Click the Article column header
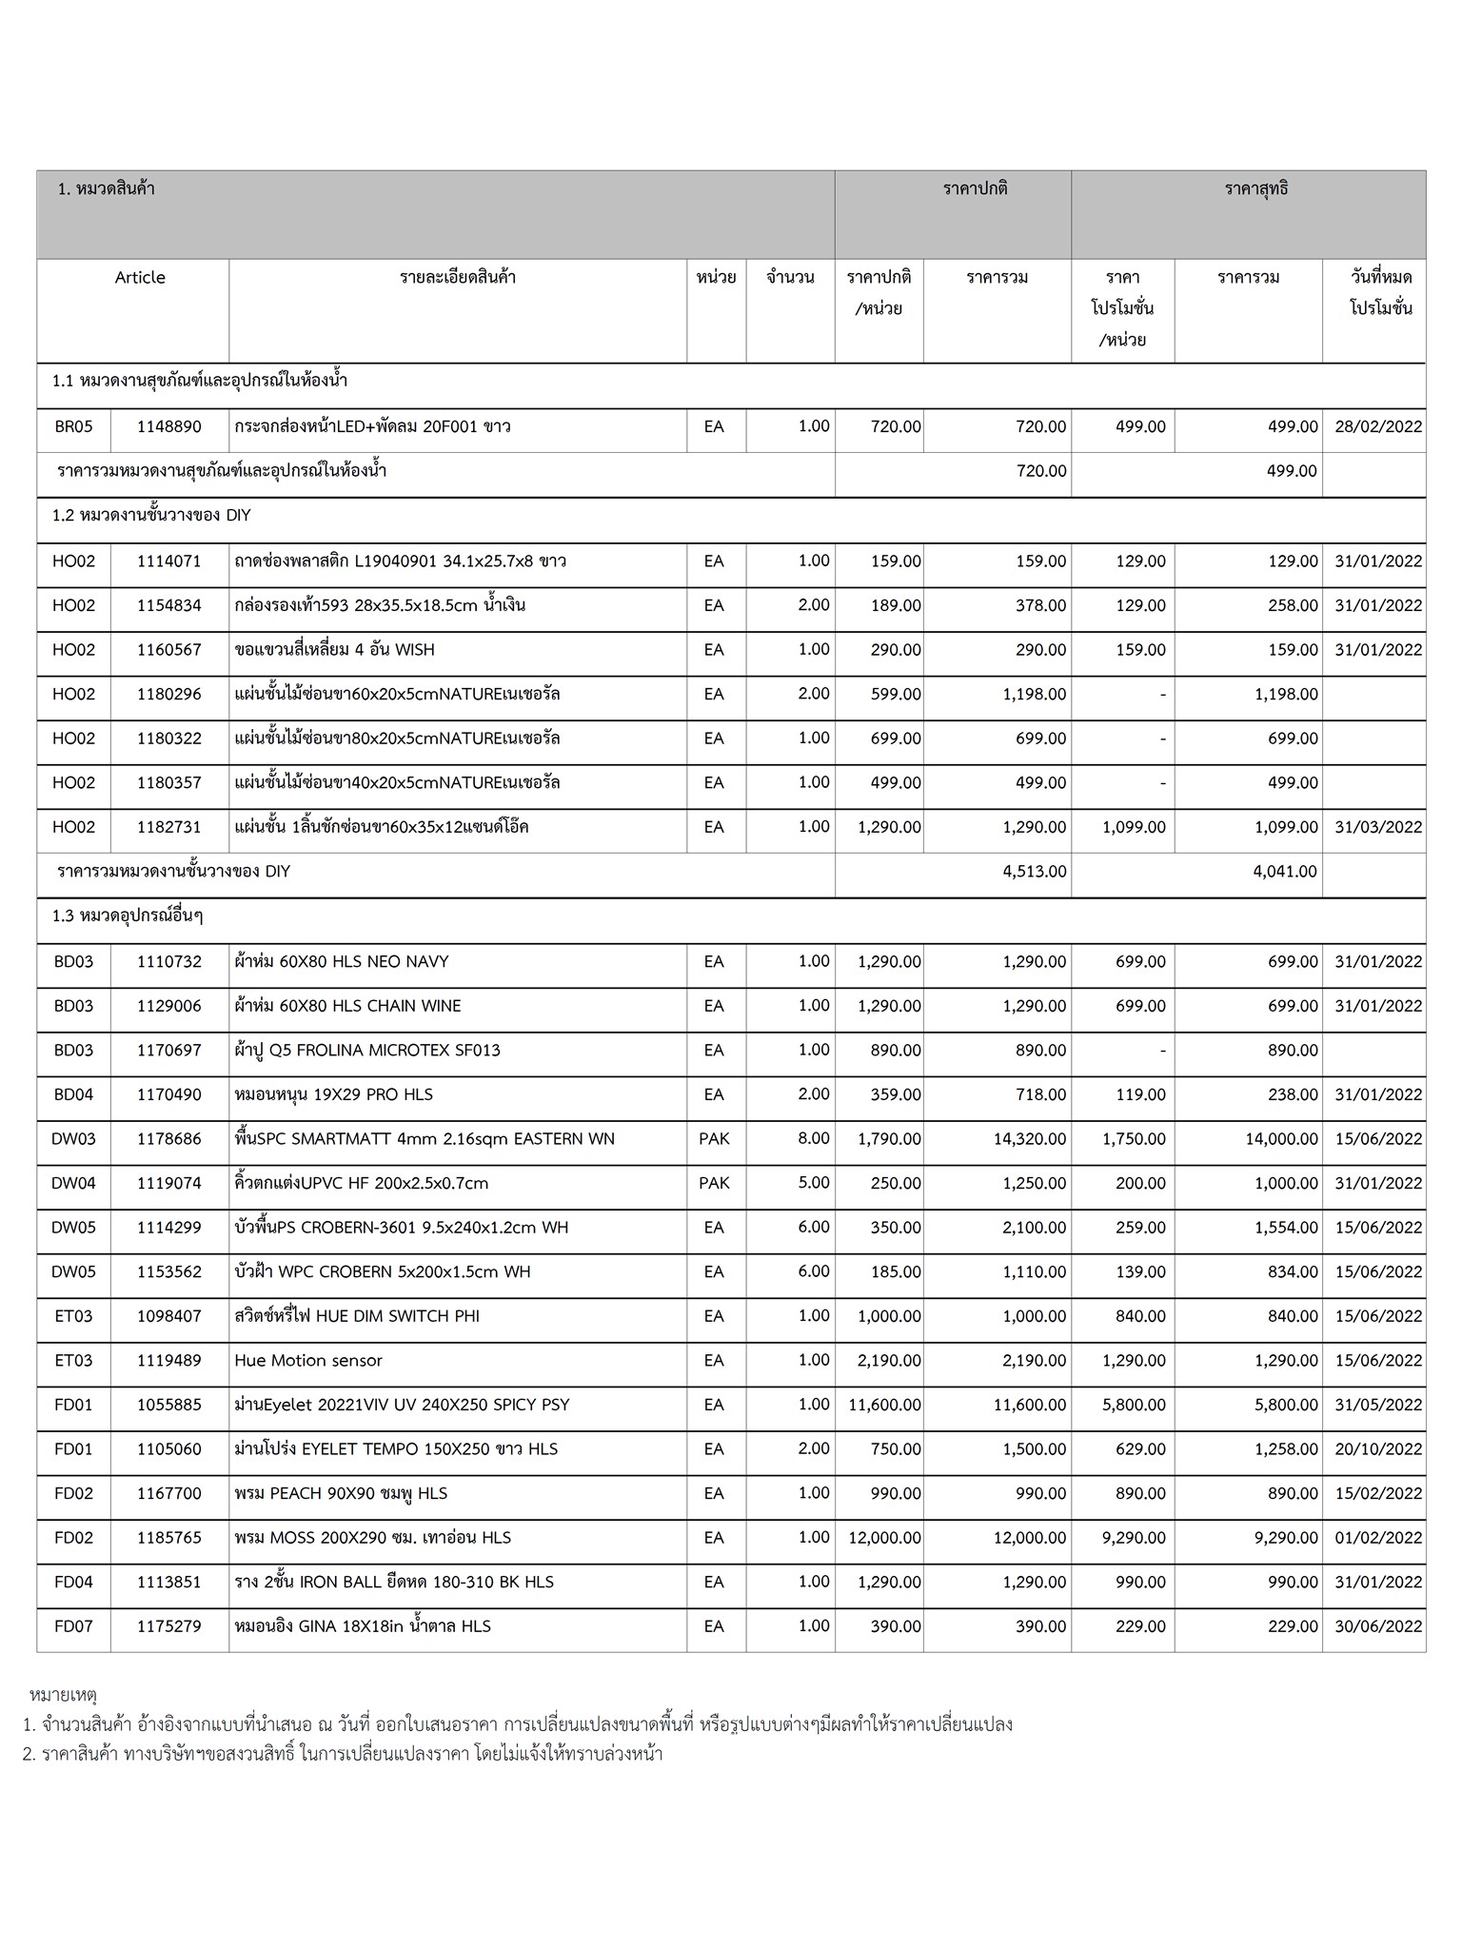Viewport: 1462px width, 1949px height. point(140,278)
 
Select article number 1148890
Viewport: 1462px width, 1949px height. point(169,427)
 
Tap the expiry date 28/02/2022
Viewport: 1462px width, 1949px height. point(1377,427)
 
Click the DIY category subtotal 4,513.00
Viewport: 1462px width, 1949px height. point(1034,872)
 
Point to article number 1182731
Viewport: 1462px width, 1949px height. point(169,827)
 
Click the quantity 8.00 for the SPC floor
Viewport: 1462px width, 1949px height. point(814,1138)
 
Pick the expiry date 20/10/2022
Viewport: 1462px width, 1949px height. point(1377,1449)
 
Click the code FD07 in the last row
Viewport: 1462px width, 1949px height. point(73,1626)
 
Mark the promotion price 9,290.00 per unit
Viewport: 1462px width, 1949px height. point(1134,1538)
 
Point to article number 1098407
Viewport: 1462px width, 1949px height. point(169,1316)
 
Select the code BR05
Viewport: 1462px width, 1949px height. point(73,427)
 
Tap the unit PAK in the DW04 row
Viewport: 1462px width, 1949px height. point(714,1183)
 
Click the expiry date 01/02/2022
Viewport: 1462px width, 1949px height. point(1377,1538)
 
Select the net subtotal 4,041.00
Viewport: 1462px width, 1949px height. point(1285,872)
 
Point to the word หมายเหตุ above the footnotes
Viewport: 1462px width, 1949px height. point(64,1695)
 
